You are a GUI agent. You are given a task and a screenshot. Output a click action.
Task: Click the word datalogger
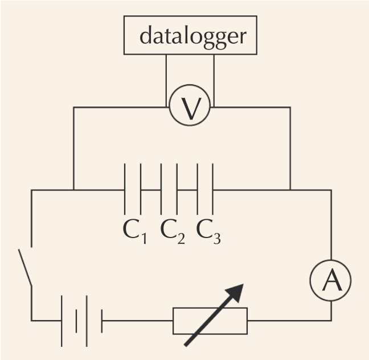[x=193, y=35]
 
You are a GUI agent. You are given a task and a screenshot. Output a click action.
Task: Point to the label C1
[x=134, y=230]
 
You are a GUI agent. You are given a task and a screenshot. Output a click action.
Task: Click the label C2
[x=173, y=230]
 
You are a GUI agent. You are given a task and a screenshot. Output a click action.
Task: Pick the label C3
[x=208, y=230]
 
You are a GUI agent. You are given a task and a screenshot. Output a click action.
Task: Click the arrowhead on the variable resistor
[x=236, y=292]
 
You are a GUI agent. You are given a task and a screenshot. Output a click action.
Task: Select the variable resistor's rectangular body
[x=210, y=321]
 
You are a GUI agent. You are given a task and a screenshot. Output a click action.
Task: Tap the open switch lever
[x=25, y=268]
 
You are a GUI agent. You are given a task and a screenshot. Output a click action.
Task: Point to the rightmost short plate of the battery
[x=102, y=321]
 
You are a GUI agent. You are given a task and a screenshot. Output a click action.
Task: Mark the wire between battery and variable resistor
[x=137, y=321]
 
